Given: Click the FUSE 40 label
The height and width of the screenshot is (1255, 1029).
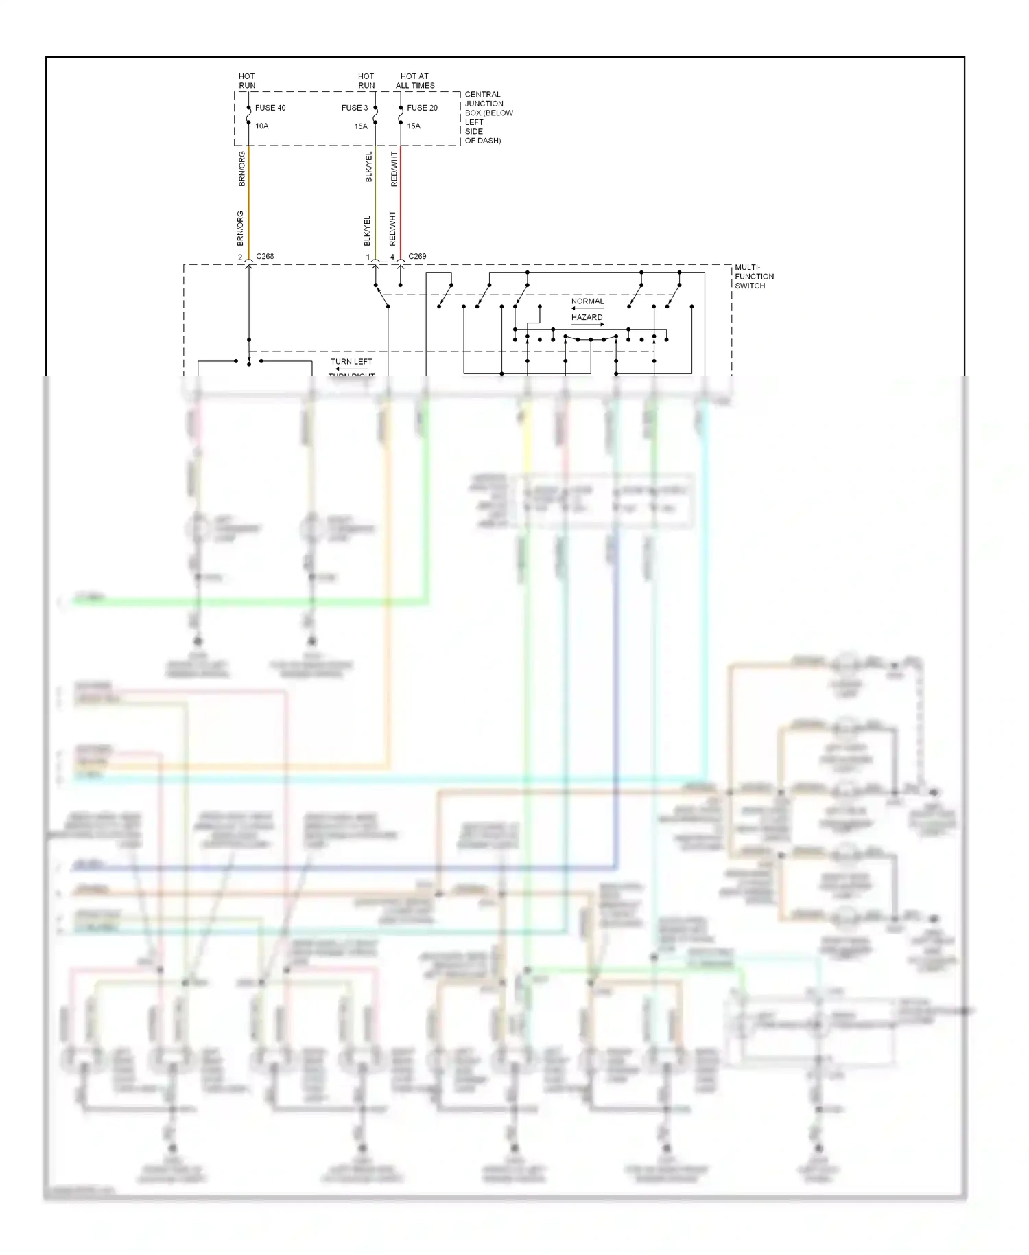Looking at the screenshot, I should pos(270,108).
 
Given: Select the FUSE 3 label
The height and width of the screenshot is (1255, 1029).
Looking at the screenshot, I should pos(355,108).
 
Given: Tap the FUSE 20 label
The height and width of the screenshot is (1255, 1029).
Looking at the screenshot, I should pos(422,108).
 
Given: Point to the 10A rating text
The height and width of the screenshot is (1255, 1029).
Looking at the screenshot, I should pos(262,126).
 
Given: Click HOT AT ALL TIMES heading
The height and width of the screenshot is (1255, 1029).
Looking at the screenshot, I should pos(415,81).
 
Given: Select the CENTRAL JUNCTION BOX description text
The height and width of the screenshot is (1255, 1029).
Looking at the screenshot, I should pos(488,117).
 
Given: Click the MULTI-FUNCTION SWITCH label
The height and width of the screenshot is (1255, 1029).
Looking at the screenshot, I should pos(754,277).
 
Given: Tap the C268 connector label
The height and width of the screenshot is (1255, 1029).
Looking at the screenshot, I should pos(265,257).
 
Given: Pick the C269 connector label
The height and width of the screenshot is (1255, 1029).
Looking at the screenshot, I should pos(417,257).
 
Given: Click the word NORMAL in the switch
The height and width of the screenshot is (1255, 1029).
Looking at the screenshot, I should pos(587,301).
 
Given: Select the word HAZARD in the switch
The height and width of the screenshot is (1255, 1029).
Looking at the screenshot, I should pos(587,317).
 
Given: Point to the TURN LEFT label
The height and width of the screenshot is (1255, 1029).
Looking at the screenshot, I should pos(351,362).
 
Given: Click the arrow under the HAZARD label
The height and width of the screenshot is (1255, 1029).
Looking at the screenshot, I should pos(588,325).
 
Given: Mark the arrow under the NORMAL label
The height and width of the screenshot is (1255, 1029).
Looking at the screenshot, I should pos(587,309).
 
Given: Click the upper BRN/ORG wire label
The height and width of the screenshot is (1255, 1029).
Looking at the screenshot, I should pos(241,169).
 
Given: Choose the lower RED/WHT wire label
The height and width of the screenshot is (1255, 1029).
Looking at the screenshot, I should pos(392,229).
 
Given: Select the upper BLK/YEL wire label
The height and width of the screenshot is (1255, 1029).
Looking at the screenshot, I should pos(368,167).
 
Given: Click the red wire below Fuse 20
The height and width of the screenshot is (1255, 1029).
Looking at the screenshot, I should pos(401,199).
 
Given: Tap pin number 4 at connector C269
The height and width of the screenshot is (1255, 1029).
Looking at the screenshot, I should pos(392,257).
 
